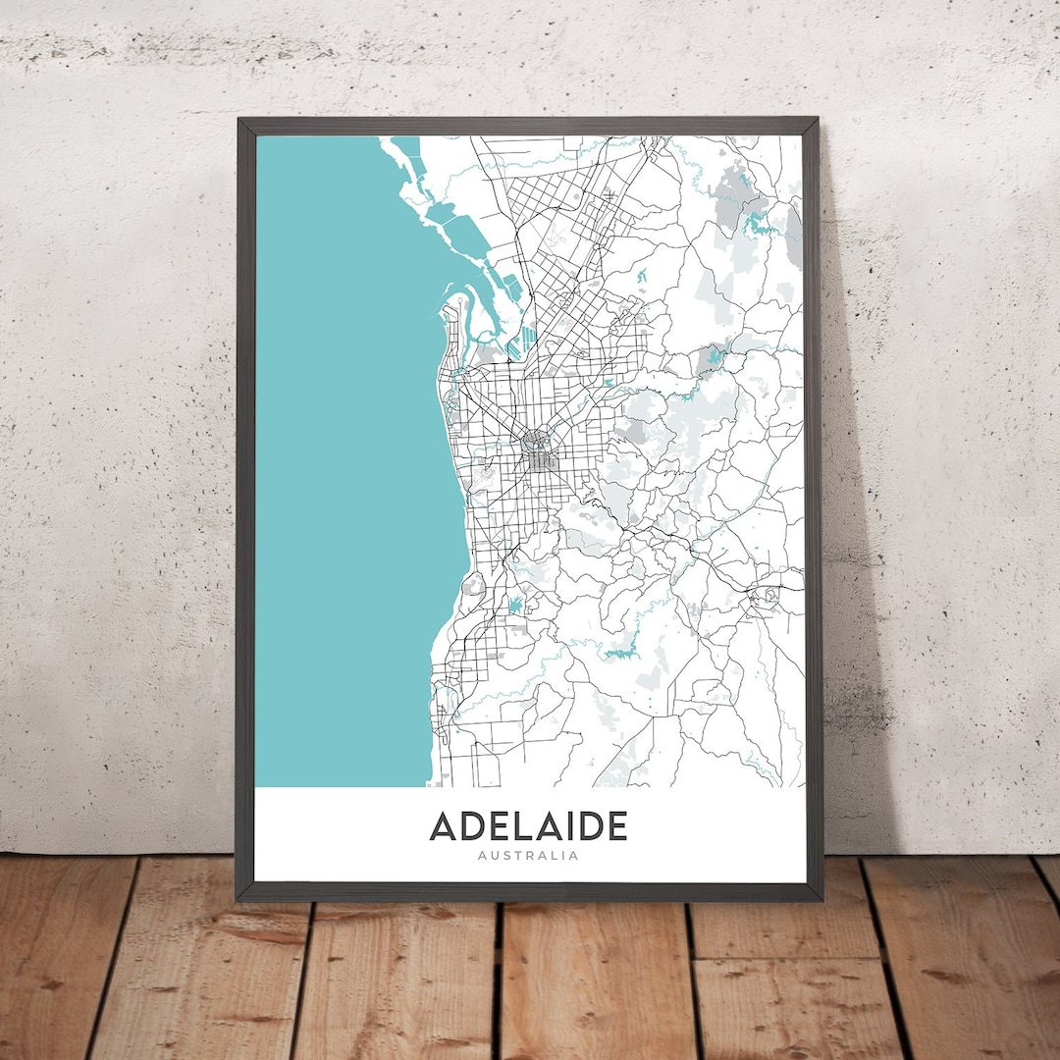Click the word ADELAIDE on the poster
pyautogui.click(x=528, y=825)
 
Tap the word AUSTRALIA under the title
pyautogui.click(x=528, y=856)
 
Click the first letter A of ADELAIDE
pyautogui.click(x=443, y=825)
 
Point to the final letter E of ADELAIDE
pyautogui.click(x=615, y=825)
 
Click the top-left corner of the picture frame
pyautogui.click(x=238, y=120)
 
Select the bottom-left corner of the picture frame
pyautogui.click(x=238, y=898)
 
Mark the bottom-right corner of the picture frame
pyautogui.click(x=820, y=898)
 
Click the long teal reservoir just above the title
pyautogui.click(x=621, y=651)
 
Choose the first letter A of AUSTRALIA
pyautogui.click(x=481, y=856)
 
